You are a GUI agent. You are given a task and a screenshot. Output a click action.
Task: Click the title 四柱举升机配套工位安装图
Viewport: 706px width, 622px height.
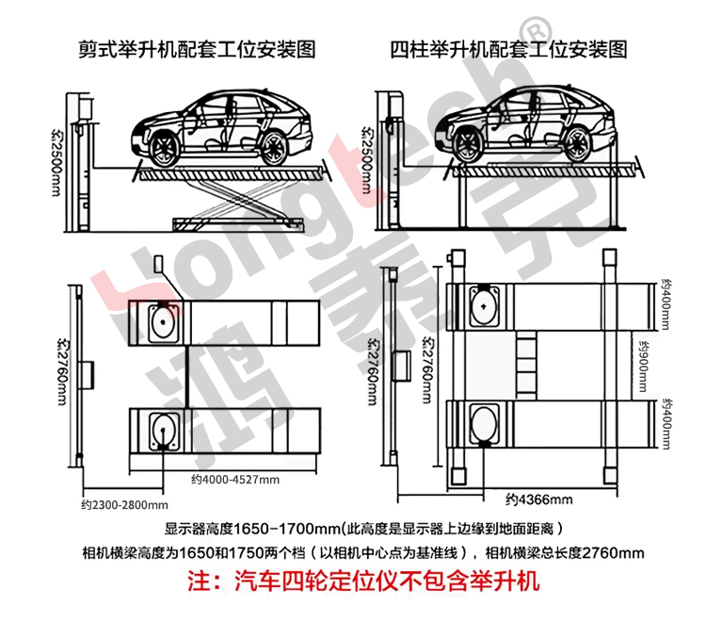(508, 48)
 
